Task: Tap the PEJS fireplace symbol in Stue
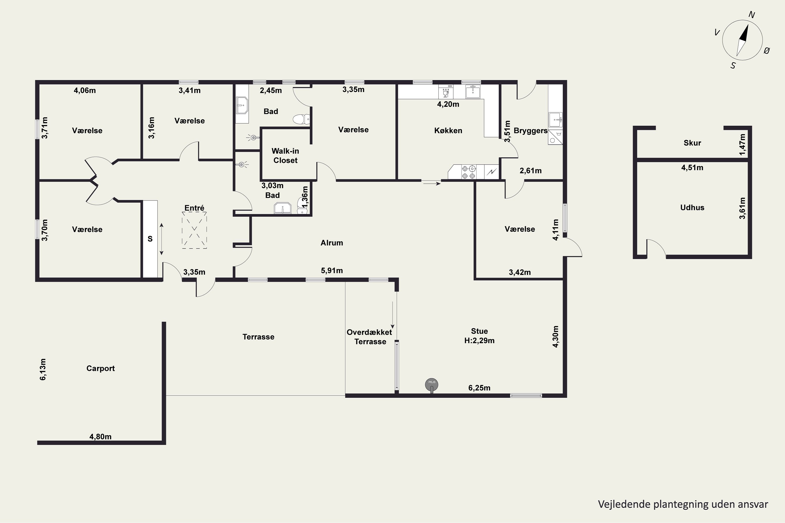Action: click(x=431, y=385)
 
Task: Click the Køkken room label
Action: click(x=448, y=131)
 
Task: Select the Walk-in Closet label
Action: click(x=285, y=156)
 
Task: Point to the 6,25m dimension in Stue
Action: click(x=479, y=388)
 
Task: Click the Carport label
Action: click(x=100, y=368)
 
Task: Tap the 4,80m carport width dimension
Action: click(x=100, y=437)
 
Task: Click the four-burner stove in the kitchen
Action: click(x=469, y=172)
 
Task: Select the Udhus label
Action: click(x=692, y=207)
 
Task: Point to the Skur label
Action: click(x=692, y=143)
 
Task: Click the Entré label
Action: click(x=194, y=208)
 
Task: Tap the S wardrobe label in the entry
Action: click(x=150, y=239)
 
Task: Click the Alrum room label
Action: click(x=332, y=243)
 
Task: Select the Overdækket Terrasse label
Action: click(x=369, y=337)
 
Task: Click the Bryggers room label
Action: click(x=531, y=131)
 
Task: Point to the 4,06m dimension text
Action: click(x=85, y=90)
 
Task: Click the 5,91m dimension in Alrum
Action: click(x=332, y=270)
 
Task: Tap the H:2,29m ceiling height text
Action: click(x=479, y=340)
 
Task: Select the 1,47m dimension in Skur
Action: click(x=742, y=144)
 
